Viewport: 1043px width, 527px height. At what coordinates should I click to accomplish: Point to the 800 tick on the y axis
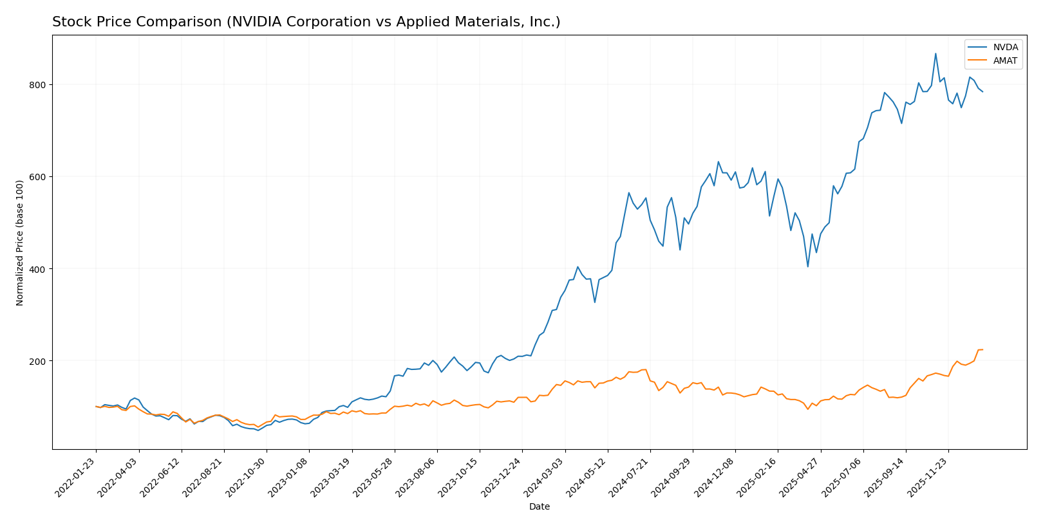tap(38, 85)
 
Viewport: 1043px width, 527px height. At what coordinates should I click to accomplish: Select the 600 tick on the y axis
tap(38, 177)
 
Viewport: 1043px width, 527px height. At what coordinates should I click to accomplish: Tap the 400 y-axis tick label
tap(38, 269)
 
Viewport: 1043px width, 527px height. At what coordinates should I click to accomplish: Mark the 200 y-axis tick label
tap(38, 361)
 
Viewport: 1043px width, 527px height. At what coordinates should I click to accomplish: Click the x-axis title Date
tap(539, 507)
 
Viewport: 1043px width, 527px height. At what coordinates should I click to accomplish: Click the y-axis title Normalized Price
tap(20, 243)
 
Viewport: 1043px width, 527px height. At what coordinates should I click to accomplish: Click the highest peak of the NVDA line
tap(935, 53)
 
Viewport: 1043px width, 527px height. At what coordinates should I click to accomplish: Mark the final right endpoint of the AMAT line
tap(982, 349)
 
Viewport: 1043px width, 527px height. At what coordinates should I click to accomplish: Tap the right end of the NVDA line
tap(982, 92)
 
